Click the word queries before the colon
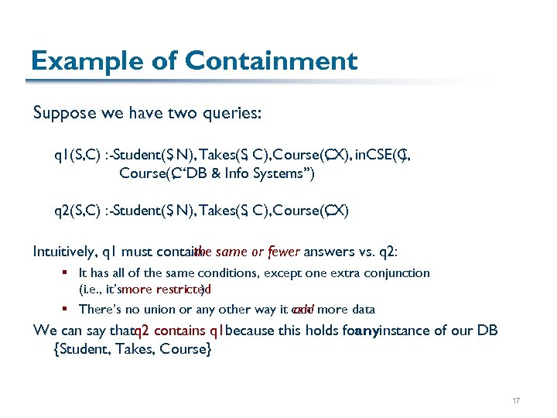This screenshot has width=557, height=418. click(233, 114)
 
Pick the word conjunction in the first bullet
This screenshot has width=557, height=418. click(398, 272)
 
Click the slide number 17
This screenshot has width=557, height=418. click(516, 400)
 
